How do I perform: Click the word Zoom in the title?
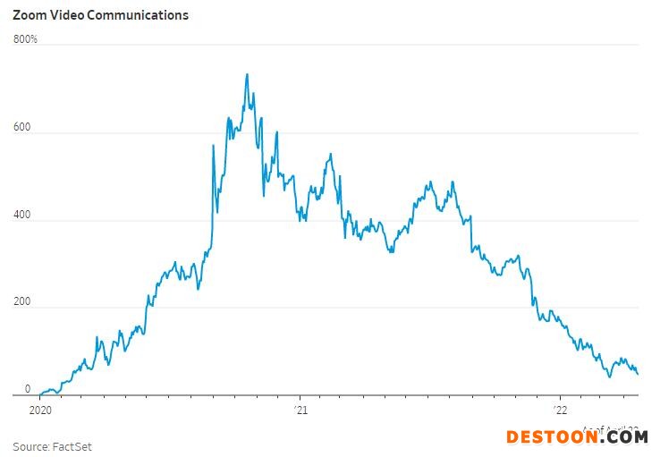30,15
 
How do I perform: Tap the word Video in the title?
66,15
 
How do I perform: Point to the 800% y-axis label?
25,39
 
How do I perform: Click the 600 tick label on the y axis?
21,128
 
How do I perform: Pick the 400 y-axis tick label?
21,215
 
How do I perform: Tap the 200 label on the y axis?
21,302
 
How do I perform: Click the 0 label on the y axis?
27,389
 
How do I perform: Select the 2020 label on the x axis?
41,410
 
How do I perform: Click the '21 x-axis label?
300,410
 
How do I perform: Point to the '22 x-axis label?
560,410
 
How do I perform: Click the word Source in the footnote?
30,446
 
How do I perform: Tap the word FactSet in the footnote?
72,446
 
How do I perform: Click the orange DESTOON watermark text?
551,437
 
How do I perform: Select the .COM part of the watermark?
622,437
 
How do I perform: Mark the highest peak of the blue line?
247,74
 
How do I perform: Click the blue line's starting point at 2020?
41,394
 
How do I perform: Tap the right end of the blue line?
638,374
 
